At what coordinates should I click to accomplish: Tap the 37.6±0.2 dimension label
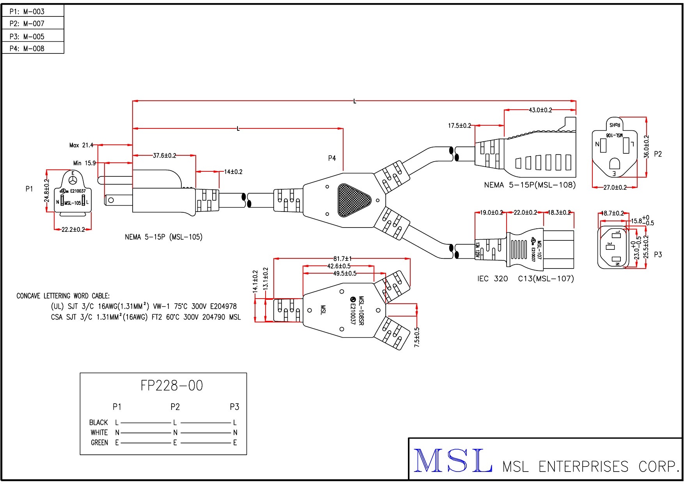click(x=164, y=155)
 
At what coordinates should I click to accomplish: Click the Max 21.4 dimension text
click(x=81, y=145)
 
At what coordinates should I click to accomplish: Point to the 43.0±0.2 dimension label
click(x=540, y=110)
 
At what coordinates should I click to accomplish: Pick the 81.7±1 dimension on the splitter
click(x=342, y=258)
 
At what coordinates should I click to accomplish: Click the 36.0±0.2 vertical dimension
click(x=647, y=147)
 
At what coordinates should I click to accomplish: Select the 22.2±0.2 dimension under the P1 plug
click(x=73, y=230)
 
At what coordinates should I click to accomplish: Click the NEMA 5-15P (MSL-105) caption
click(x=164, y=237)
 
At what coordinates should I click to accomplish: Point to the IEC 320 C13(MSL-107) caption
click(x=526, y=279)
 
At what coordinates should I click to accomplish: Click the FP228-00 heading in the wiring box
click(x=172, y=386)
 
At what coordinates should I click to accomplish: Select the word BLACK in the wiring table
click(x=98, y=422)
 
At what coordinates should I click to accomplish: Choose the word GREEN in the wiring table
click(x=99, y=443)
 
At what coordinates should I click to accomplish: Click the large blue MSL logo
click(x=452, y=461)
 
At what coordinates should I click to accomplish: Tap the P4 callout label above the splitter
click(x=332, y=158)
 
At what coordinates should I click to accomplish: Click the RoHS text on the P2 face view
click(x=615, y=125)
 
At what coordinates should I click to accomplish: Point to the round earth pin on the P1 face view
click(x=73, y=180)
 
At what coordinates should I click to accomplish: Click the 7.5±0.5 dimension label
click(x=417, y=337)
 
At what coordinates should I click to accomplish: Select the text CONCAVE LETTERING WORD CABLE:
click(x=63, y=296)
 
